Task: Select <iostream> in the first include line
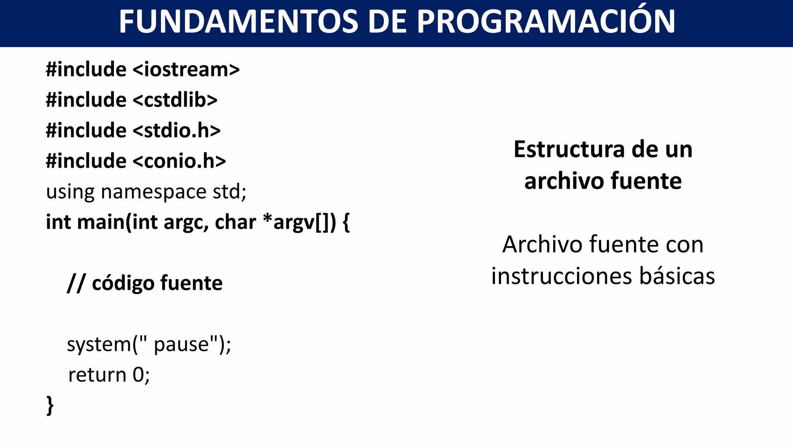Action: (x=186, y=70)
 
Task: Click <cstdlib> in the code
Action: (x=175, y=100)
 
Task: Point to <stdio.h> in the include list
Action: (x=177, y=130)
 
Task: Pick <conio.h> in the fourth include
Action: (x=179, y=161)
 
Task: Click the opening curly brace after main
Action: (x=346, y=223)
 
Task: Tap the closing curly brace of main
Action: (x=50, y=405)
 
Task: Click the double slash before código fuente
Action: (x=76, y=283)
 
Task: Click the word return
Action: (x=97, y=375)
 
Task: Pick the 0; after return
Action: (x=141, y=375)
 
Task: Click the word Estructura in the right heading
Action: (x=568, y=149)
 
